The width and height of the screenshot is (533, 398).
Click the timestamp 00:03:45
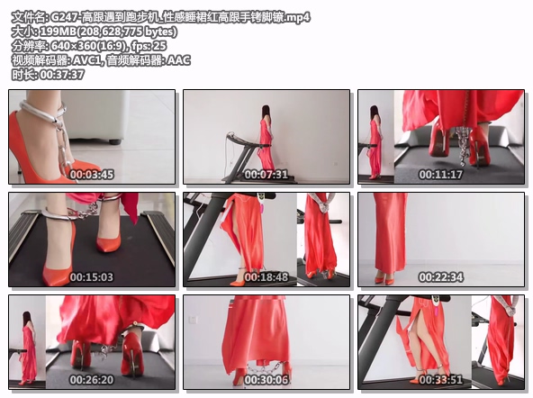[x=92, y=175]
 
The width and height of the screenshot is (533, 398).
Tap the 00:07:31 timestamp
[x=266, y=175]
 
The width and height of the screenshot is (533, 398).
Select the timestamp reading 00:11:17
[x=441, y=175]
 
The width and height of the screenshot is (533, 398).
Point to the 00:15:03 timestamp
[x=92, y=277]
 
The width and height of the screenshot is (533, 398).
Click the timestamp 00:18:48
[x=266, y=277]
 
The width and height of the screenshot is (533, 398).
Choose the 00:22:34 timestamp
[x=441, y=277]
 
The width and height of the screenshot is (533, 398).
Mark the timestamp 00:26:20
[x=92, y=380]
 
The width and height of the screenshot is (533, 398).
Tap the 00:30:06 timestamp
[x=266, y=380]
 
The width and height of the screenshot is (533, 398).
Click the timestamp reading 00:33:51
[x=441, y=380]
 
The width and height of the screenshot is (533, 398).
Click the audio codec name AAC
[x=179, y=60]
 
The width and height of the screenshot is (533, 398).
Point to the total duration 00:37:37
[x=62, y=75]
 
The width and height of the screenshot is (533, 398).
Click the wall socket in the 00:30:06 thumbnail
[x=193, y=320]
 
